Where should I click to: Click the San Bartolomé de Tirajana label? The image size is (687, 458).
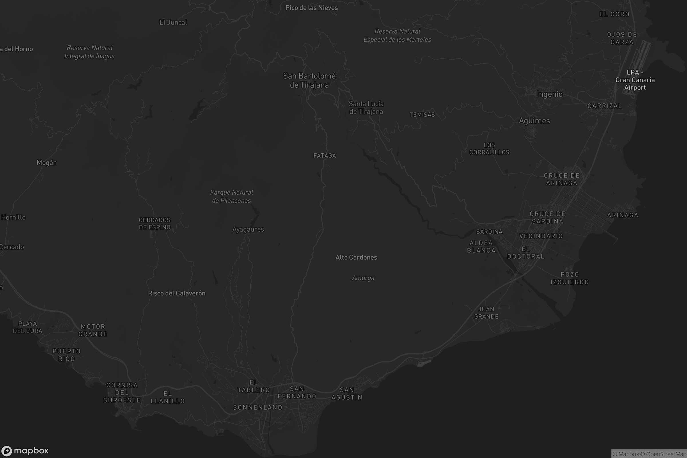click(309, 80)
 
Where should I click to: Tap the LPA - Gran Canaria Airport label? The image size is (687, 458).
click(635, 80)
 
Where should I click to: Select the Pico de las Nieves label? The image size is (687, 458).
click(311, 8)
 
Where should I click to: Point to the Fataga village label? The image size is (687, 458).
click(325, 156)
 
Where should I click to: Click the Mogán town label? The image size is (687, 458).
click(47, 163)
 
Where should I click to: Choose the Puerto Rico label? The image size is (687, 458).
click(66, 355)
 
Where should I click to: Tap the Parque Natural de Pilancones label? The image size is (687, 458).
click(231, 196)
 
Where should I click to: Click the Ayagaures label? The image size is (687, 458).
click(248, 229)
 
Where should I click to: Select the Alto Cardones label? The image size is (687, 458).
click(356, 257)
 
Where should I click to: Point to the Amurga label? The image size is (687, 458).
click(363, 278)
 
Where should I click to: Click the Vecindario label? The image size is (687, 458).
click(541, 236)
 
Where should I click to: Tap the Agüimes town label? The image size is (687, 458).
click(534, 121)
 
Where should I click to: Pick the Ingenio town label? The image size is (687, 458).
click(549, 94)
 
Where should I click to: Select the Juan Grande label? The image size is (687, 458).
click(486, 313)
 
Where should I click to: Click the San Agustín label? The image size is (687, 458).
click(347, 393)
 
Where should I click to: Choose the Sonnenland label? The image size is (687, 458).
click(258, 407)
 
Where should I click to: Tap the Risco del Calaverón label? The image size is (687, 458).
click(176, 293)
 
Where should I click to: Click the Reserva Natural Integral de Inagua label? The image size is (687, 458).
click(89, 52)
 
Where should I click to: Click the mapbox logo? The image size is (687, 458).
click(25, 451)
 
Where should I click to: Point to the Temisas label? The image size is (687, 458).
click(422, 115)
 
